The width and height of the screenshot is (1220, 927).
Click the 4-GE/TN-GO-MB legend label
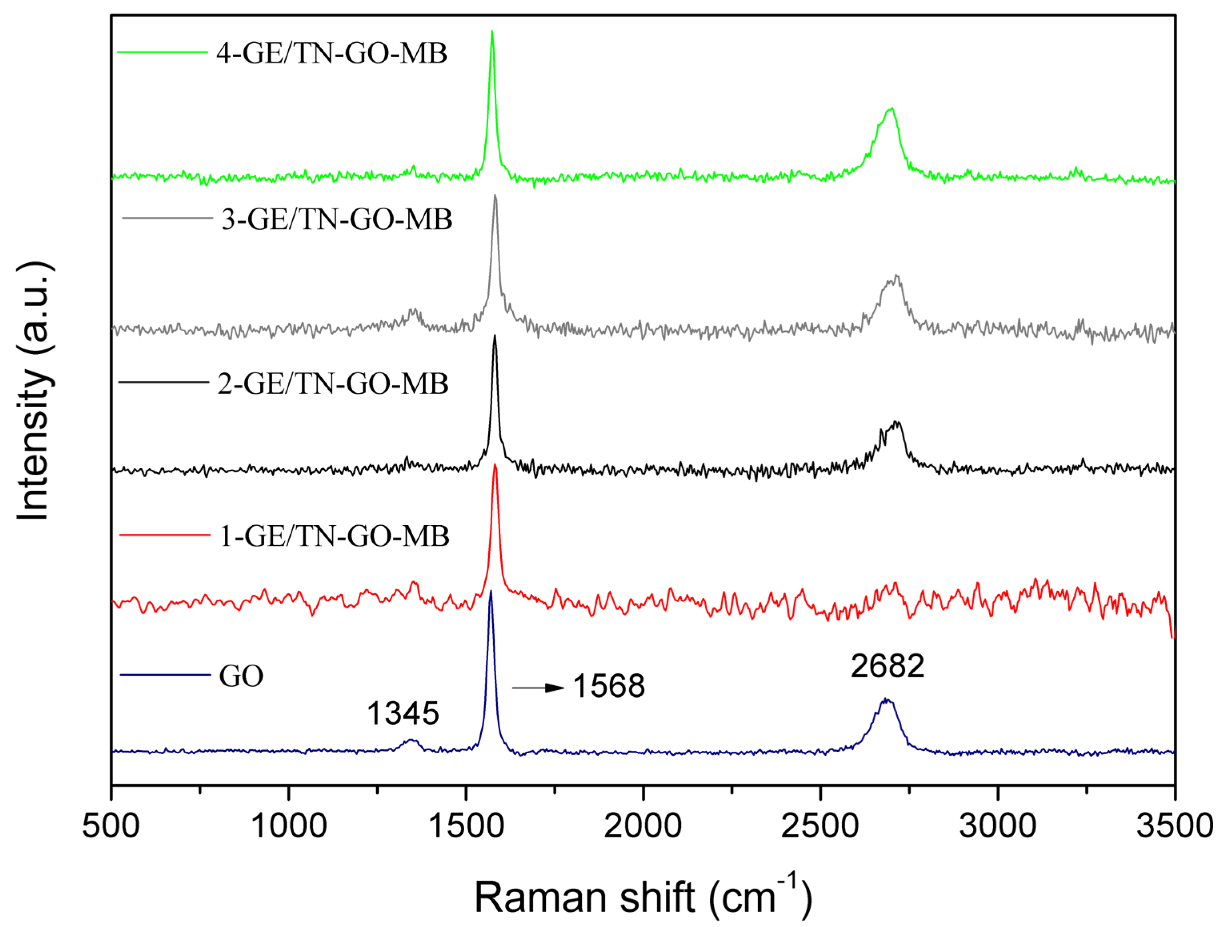331,54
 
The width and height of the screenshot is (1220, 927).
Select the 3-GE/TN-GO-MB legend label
336,220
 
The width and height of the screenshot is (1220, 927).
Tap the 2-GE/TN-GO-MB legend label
333,384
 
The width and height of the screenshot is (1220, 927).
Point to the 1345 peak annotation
403,713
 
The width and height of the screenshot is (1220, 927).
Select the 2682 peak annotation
887,666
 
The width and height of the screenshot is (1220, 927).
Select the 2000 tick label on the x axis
643,826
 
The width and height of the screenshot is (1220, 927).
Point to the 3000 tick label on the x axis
998,826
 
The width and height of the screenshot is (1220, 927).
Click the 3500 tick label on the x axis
1175,826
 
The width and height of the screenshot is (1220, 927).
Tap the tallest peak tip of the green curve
492,32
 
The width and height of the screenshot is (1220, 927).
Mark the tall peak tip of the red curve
495,465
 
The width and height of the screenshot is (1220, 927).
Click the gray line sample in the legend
167,218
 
